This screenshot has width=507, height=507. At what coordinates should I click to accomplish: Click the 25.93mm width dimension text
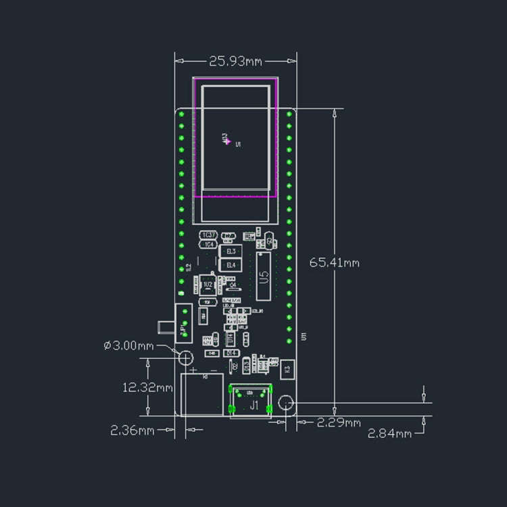point(235,62)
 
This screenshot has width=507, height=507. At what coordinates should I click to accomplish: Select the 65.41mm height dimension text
point(335,262)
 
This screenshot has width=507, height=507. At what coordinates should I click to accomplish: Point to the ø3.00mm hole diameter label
point(129,345)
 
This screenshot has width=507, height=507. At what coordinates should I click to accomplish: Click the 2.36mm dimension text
point(133,430)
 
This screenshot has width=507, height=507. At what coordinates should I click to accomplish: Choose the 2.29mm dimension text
point(339,423)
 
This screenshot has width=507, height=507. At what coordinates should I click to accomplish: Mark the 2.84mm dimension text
point(389,433)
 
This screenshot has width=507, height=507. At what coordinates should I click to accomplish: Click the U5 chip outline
point(264,276)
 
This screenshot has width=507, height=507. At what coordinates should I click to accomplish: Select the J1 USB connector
point(251,402)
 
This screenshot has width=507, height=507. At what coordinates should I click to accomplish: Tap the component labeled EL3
point(231,251)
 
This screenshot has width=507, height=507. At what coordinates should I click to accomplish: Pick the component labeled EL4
point(231,265)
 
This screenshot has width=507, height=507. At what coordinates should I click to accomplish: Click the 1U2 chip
point(208,285)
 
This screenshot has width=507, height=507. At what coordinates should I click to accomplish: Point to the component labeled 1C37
point(208,235)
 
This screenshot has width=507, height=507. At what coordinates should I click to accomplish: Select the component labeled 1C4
point(208,244)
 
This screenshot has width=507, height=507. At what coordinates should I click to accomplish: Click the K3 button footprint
point(288,368)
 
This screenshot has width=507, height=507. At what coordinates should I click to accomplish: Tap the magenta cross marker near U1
point(228,141)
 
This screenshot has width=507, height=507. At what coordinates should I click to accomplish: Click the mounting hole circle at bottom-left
point(184,357)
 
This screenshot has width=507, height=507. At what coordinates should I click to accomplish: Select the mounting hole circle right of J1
point(286,404)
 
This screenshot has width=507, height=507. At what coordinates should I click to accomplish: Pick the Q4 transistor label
point(232,287)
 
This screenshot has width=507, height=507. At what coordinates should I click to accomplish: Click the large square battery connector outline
point(202,395)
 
